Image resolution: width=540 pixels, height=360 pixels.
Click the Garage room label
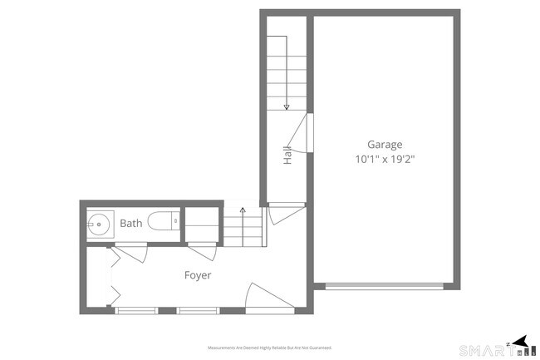pyautogui.click(x=385, y=144)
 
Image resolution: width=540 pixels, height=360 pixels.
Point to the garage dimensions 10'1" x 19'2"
pyautogui.click(x=385, y=157)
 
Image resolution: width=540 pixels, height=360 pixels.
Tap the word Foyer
pyautogui.click(x=198, y=275)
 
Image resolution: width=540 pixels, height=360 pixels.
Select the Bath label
pyautogui.click(x=131, y=224)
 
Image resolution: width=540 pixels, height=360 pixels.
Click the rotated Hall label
pyautogui.click(x=287, y=155)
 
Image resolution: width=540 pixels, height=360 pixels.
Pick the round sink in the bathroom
pyautogui.click(x=98, y=224)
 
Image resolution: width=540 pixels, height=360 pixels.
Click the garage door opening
pyautogui.click(x=384, y=286)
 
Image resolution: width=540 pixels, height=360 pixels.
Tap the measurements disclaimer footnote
pyautogui.click(x=269, y=348)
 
